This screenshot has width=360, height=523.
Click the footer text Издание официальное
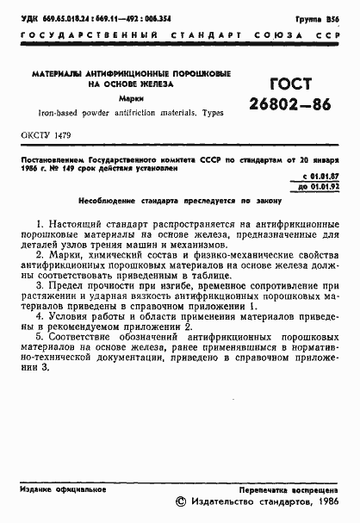[x=56, y=488]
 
